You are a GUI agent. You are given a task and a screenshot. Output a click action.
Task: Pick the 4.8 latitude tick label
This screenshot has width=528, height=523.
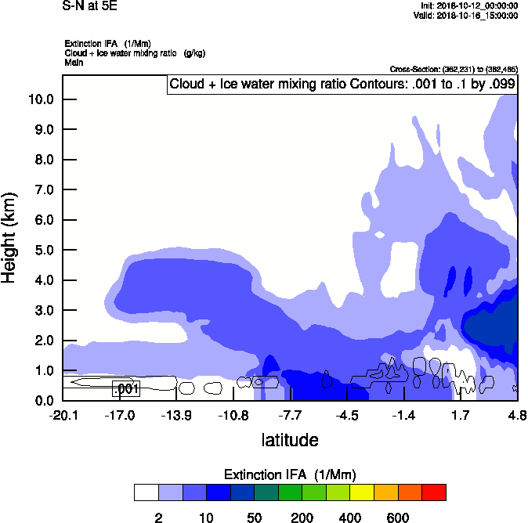pyautogui.click(x=517, y=415)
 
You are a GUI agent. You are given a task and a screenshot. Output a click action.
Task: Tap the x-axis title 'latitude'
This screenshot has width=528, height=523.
pyautogui.click(x=290, y=440)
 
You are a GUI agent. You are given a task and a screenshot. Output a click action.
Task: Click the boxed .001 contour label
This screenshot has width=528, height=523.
pyautogui.click(x=126, y=388)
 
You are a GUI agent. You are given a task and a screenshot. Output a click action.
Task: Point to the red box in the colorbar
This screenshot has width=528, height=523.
pyautogui.click(x=434, y=492)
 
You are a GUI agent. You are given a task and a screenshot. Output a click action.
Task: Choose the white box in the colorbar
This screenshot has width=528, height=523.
pyautogui.click(x=146, y=492)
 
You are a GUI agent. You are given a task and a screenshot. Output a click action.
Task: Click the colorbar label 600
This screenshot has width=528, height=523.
pyautogui.click(x=398, y=518)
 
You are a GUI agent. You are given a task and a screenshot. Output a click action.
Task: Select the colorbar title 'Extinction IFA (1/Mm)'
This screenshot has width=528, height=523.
pyautogui.click(x=290, y=474)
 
